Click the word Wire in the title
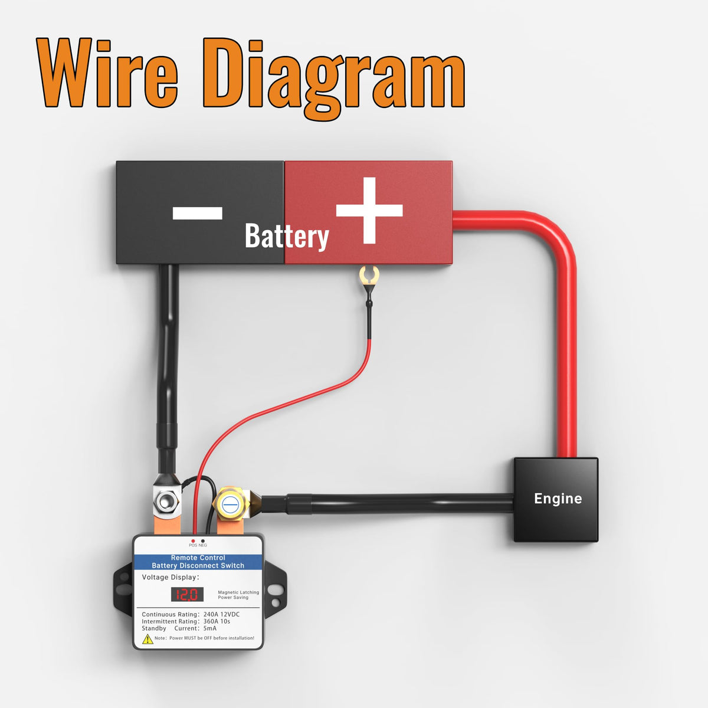(x=107, y=73)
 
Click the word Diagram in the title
(x=333, y=78)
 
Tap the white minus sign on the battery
(x=197, y=213)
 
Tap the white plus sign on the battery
(x=369, y=210)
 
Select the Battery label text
(x=287, y=237)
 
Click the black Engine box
(x=556, y=499)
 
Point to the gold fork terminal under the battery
(x=369, y=275)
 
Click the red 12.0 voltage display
(x=187, y=594)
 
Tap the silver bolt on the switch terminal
(x=166, y=500)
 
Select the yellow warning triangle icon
(x=147, y=640)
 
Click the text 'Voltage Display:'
(x=171, y=577)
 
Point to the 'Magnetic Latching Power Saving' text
(x=238, y=595)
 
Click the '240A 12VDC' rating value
(x=222, y=614)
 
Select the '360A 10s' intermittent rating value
(x=217, y=621)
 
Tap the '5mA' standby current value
(x=210, y=628)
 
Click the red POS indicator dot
(x=194, y=541)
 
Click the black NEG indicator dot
(x=203, y=541)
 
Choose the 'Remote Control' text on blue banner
(x=198, y=558)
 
